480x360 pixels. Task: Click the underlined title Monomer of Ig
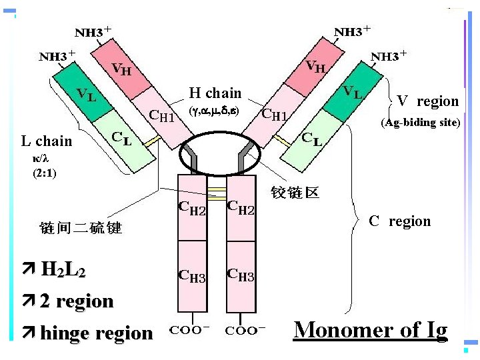[x=370, y=329]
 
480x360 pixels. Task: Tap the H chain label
[x=215, y=93]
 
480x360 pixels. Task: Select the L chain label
[x=46, y=141]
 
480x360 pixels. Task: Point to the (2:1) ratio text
[x=45, y=173]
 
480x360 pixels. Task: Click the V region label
[x=427, y=101]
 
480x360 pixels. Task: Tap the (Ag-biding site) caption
[x=421, y=123]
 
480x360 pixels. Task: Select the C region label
[x=400, y=221]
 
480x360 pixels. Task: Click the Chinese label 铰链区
[x=295, y=193]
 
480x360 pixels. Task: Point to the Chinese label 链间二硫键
[x=81, y=228]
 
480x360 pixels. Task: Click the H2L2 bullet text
[x=63, y=269]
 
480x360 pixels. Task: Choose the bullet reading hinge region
[x=96, y=333]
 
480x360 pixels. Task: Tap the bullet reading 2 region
[x=77, y=301]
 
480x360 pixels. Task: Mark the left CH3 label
[x=192, y=275]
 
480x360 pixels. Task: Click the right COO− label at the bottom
[x=245, y=329]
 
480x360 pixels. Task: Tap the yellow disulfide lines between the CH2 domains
[x=216, y=193]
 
